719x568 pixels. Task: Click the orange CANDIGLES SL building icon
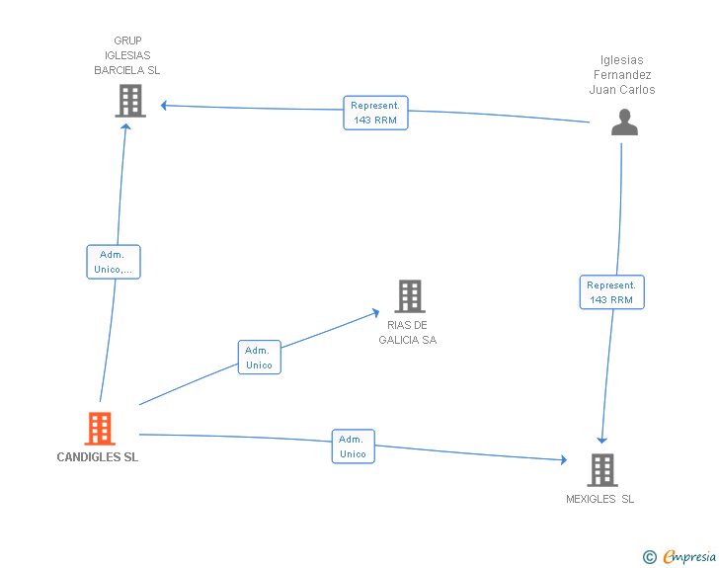point(100,429)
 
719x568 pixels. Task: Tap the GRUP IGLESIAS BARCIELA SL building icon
point(130,101)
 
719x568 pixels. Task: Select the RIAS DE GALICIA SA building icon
point(410,296)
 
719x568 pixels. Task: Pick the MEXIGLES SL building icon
point(602,470)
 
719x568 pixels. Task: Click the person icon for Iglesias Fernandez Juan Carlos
point(624,122)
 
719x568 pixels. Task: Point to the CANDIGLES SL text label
point(98,457)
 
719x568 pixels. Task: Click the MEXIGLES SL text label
point(600,499)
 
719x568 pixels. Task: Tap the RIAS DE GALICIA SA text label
point(408,332)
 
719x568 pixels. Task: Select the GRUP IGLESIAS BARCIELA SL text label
point(127,56)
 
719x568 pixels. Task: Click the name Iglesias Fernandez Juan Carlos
point(622,75)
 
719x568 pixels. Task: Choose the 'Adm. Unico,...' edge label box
point(114,262)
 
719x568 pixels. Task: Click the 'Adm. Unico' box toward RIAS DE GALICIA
point(259,358)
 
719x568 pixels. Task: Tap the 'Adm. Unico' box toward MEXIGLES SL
point(353,446)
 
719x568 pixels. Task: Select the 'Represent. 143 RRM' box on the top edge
point(375,112)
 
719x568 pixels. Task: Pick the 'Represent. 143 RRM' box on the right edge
point(611,292)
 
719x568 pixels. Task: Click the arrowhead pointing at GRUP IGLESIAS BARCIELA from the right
point(164,105)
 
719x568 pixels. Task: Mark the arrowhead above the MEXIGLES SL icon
point(601,440)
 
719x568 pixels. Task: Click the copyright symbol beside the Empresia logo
point(649,557)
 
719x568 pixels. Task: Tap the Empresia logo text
point(689,557)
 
